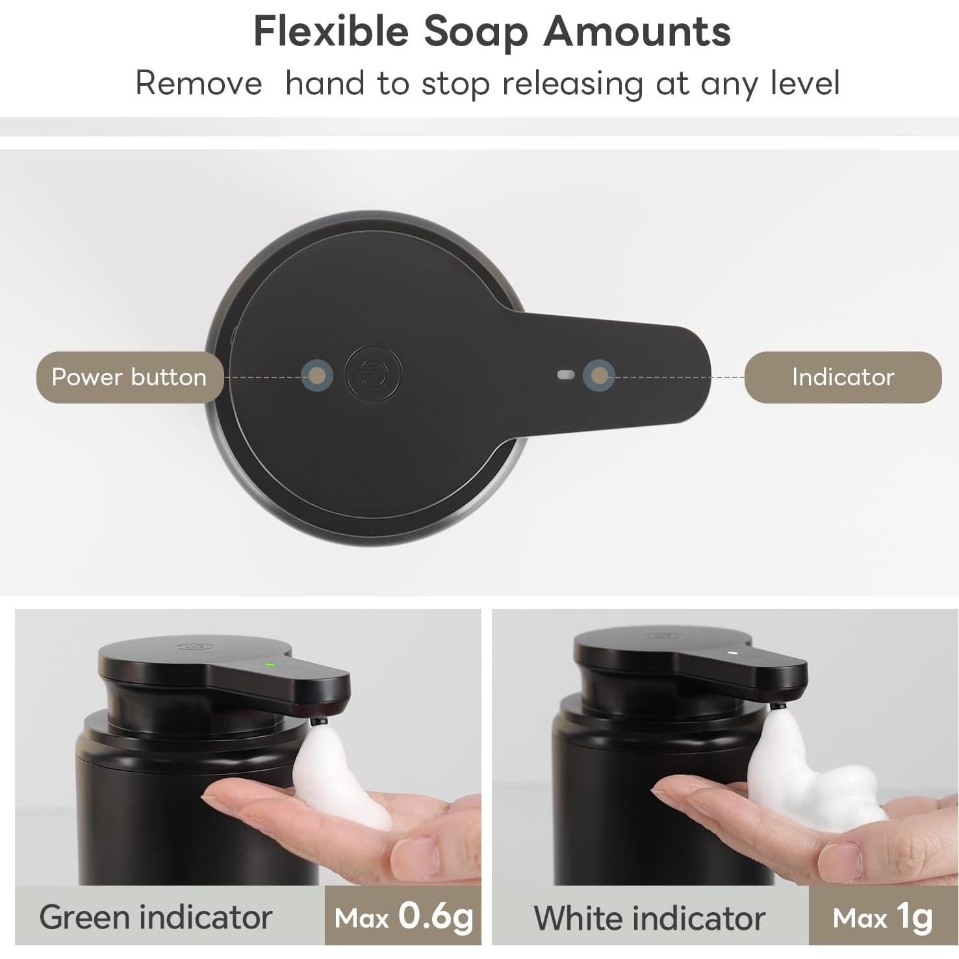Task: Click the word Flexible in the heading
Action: click(331, 31)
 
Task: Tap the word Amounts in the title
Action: click(637, 31)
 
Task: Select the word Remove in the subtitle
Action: click(198, 84)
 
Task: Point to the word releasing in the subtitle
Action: click(572, 84)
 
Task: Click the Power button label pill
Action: click(129, 377)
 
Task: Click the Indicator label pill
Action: click(843, 377)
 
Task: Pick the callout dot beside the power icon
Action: click(317, 376)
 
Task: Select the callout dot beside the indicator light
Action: click(598, 376)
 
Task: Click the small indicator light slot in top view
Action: click(566, 375)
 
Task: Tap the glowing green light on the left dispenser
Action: click(268, 664)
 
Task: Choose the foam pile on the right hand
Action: click(812, 780)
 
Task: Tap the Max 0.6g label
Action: click(403, 916)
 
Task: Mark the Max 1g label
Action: click(882, 916)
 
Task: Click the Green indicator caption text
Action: click(156, 917)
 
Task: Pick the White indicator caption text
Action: click(649, 917)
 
